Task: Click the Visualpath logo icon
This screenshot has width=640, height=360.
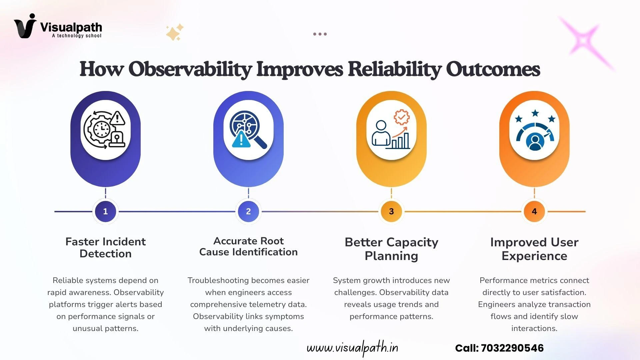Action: tap(25, 26)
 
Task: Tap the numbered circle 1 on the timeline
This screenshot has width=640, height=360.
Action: tap(105, 211)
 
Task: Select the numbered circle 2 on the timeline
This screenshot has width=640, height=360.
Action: tap(248, 211)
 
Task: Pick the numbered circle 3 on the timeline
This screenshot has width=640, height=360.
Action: tap(391, 211)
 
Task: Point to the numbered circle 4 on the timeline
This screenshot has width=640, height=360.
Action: tap(534, 211)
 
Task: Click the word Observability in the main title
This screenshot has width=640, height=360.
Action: tap(190, 69)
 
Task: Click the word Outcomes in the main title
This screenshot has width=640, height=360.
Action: tap(493, 69)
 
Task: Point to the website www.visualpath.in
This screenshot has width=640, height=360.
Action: tap(352, 348)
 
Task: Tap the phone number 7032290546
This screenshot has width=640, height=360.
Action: tap(512, 348)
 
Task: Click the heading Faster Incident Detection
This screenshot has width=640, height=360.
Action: tap(105, 248)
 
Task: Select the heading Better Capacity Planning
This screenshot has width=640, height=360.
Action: tap(391, 249)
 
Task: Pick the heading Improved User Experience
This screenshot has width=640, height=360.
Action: tap(534, 249)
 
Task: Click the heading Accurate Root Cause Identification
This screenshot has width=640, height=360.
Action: tap(248, 246)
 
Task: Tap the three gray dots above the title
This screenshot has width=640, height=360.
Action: tap(320, 34)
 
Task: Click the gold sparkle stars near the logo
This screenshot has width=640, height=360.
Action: tap(175, 32)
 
